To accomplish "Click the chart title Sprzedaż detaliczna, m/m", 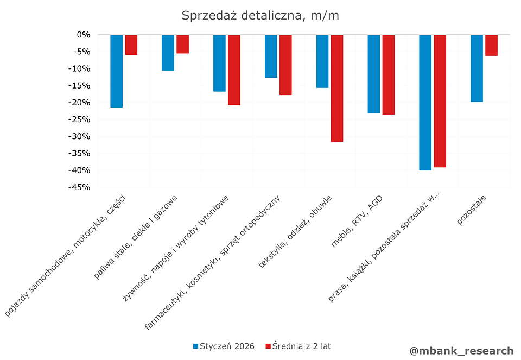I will pyautogui.click(x=260, y=15).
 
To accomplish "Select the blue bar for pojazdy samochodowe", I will pyautogui.click(x=116, y=71).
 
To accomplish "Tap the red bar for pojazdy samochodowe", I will pyautogui.click(x=131, y=45).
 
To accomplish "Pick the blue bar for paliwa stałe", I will pyautogui.click(x=168, y=52).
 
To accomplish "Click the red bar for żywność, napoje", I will pyautogui.click(x=234, y=70).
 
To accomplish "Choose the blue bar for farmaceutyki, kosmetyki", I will pyautogui.click(x=271, y=56).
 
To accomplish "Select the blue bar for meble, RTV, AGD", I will pyautogui.click(x=374, y=73).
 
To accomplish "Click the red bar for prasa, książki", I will pyautogui.click(x=440, y=100).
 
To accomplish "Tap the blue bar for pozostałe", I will pyautogui.click(x=476, y=68).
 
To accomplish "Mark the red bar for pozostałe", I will pyautogui.click(x=491, y=45).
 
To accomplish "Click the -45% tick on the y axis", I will pyautogui.click(x=79, y=187).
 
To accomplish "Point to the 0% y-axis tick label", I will pyautogui.click(x=83, y=35).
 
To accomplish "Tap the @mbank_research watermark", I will pyautogui.click(x=461, y=351).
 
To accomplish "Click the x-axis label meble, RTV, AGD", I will pyautogui.click(x=358, y=221).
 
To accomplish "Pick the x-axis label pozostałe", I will pyautogui.click(x=472, y=212).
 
